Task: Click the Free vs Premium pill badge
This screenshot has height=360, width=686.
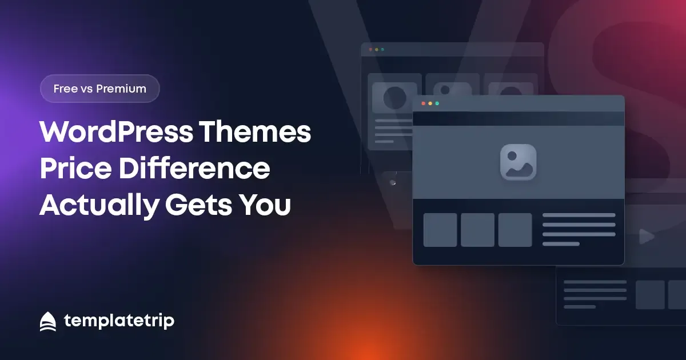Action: pos(100,89)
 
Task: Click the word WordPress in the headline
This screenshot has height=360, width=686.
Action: pos(116,132)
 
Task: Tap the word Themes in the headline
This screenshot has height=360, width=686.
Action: pos(255,131)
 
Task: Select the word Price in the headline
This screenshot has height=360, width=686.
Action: pos(75,168)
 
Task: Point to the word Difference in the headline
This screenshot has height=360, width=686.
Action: pos(194,168)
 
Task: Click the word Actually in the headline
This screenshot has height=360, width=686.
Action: pos(99,206)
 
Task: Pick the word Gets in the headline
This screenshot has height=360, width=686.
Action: pos(198,205)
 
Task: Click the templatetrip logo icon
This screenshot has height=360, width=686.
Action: pos(48,321)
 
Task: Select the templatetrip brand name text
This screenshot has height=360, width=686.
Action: pos(119,321)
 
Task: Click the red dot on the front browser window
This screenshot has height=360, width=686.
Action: pos(423,103)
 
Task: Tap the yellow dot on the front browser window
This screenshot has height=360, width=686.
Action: pos(430,103)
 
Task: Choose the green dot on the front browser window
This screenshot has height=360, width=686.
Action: pos(437,103)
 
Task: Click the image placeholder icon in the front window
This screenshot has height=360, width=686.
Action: pos(518,162)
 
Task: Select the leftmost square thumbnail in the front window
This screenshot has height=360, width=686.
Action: pos(440,230)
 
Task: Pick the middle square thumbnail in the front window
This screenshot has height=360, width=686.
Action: pos(477,230)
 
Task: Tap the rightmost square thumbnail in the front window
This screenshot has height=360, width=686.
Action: pos(515,230)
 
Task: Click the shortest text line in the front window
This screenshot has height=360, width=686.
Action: pos(561,244)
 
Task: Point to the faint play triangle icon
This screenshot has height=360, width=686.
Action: pos(647,237)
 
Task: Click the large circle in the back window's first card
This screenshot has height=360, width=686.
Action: pos(395,98)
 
